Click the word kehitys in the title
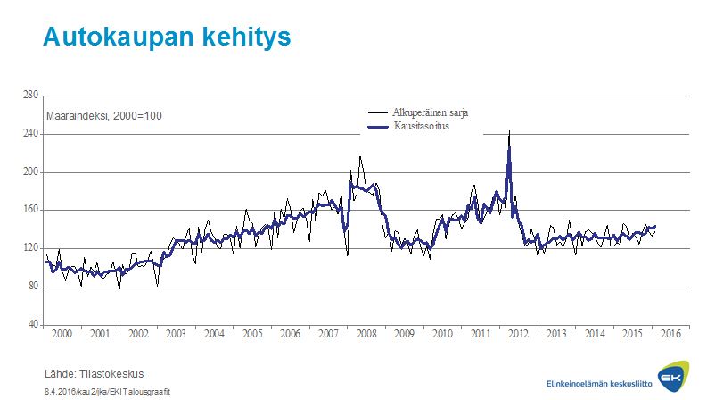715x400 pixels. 247,37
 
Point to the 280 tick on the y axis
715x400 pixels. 30,95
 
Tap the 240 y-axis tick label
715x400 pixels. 30,133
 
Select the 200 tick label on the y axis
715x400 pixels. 30,171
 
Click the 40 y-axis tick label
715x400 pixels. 32,324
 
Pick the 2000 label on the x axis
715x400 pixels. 62,333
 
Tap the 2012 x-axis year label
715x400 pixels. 519,333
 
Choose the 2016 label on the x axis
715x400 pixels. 671,333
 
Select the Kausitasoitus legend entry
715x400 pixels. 418,128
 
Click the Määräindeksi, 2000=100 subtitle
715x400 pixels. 104,117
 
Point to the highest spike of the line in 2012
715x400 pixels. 509,132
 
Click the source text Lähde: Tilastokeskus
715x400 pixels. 94,373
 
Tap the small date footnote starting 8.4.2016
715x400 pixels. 106,391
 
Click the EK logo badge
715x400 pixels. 670,379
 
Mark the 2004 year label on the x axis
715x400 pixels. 215,333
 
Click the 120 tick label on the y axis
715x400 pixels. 30,247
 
